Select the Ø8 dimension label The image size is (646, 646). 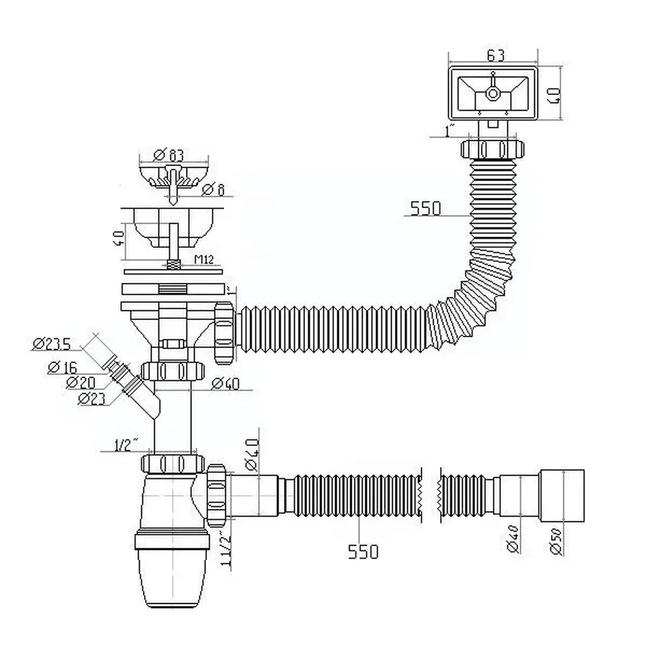point(213,190)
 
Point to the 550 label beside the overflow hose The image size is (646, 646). point(426,209)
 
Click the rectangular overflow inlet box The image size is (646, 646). point(492,94)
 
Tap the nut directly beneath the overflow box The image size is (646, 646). point(491,151)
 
